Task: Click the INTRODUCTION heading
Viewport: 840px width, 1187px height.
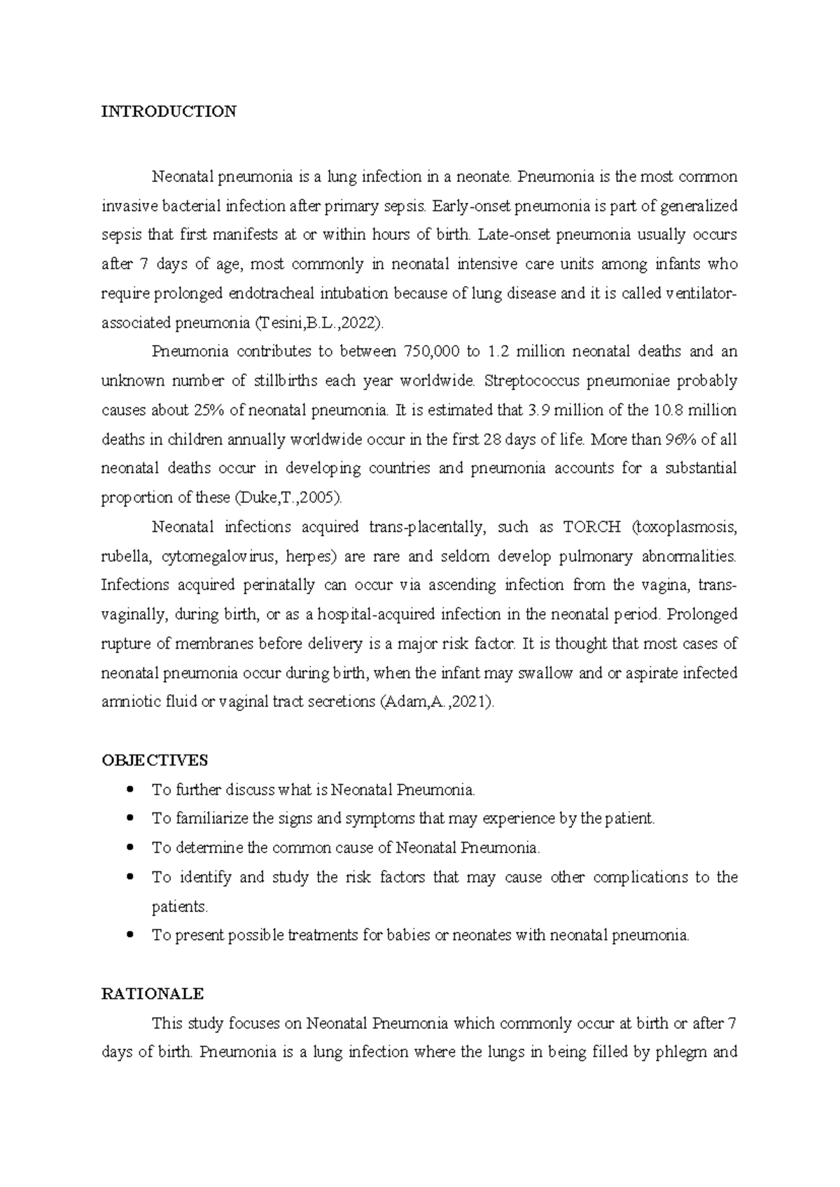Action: coord(169,111)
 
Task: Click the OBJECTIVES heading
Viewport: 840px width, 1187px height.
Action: coord(155,760)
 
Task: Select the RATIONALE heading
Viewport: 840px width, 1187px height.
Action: coord(153,994)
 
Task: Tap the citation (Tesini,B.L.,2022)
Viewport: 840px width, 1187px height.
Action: coord(318,323)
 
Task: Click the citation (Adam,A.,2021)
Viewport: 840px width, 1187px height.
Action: coord(436,702)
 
